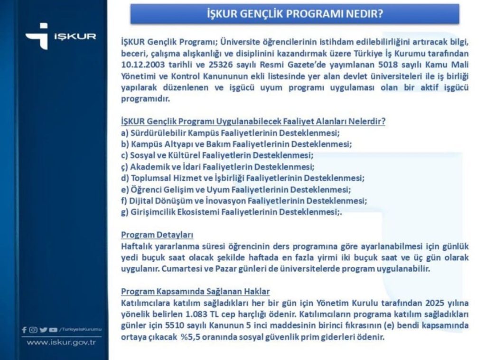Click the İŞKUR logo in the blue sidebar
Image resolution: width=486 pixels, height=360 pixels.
point(60,36)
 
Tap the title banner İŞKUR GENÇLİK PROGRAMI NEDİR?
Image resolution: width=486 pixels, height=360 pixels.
point(295,14)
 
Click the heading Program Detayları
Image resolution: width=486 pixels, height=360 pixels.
point(157,235)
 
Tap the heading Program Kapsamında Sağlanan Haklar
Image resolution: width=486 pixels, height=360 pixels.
point(196,291)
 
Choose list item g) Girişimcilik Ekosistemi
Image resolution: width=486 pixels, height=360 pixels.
point(231,212)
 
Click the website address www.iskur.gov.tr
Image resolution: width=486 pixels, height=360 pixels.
point(61,342)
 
